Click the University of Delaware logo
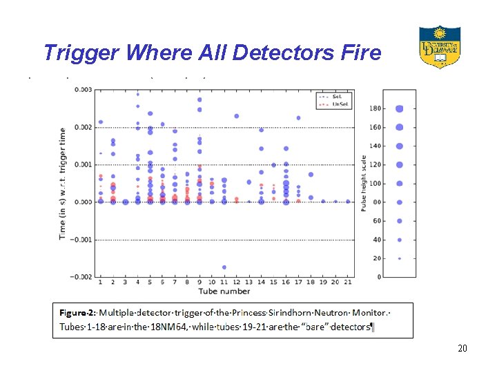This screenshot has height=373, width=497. coord(440,46)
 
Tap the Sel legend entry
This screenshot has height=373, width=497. coord(336,96)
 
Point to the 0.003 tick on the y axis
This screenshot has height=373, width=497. coord(84,90)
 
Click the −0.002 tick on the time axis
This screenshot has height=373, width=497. coord(82,277)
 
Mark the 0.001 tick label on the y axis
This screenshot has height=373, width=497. coord(84,164)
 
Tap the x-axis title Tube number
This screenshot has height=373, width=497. coord(224,291)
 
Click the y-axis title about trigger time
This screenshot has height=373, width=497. coord(63,183)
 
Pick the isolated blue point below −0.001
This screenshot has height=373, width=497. coord(224,267)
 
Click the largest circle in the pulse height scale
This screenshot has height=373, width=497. coord(400,108)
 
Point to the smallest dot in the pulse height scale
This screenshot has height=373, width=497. coord(400,258)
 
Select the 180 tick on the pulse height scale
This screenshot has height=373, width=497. coord(375,108)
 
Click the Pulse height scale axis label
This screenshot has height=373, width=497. coord(364,183)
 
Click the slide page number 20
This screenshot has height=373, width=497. coord(462,348)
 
